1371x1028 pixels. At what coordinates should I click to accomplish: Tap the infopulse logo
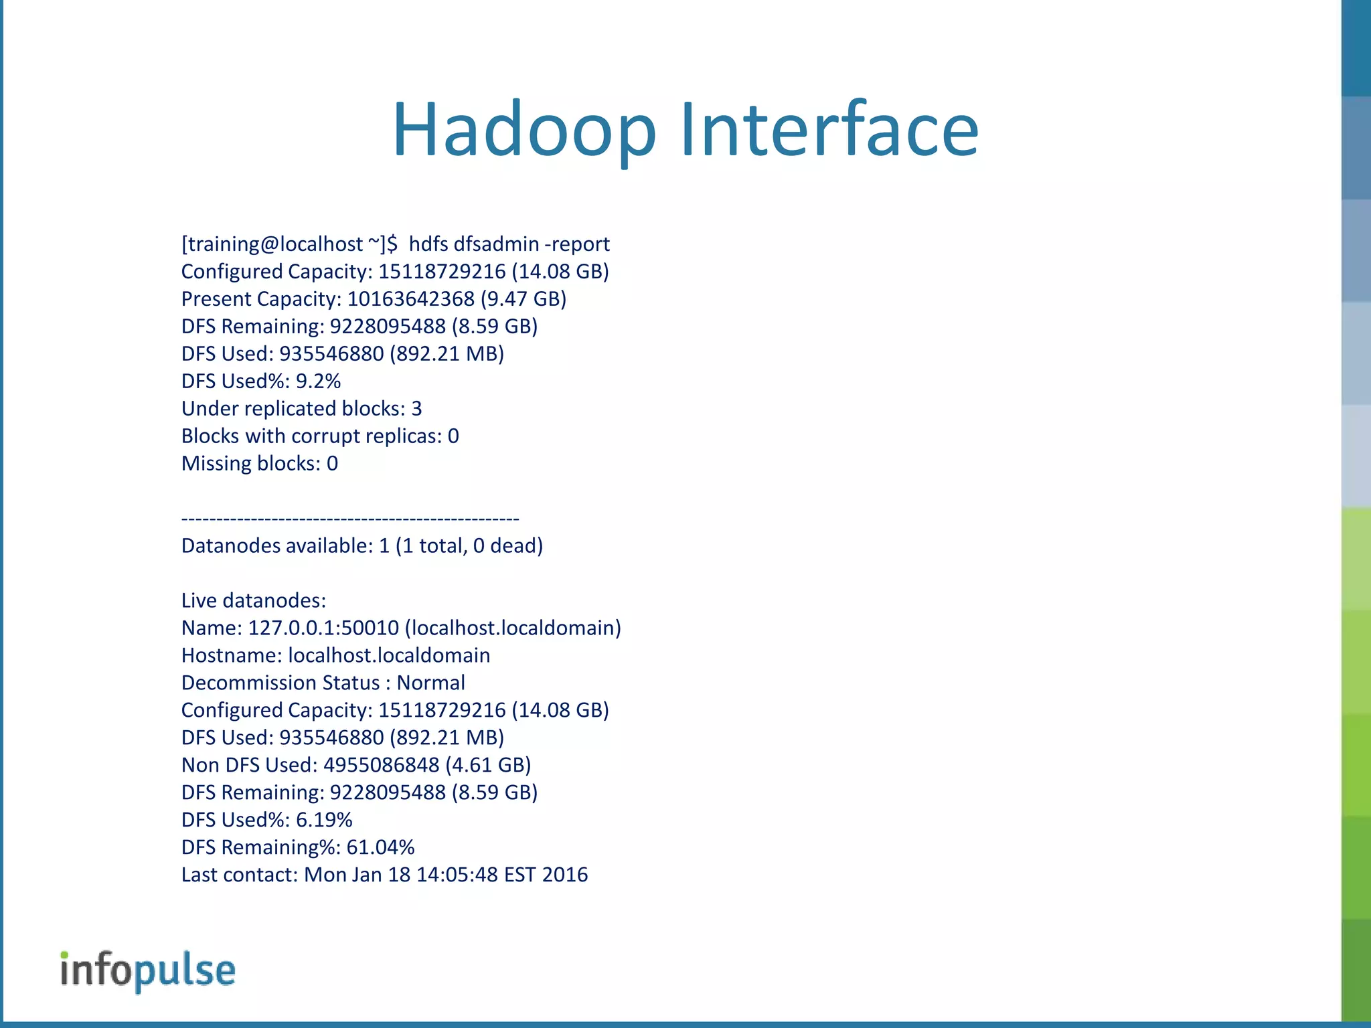(148, 970)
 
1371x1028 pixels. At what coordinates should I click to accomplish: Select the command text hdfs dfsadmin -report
(509, 244)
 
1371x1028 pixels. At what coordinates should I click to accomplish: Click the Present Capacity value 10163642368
(410, 299)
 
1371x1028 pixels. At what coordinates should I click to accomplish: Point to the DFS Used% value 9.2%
(318, 381)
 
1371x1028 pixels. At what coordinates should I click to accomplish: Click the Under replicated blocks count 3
(416, 409)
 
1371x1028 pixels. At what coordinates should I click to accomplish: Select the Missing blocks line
(260, 464)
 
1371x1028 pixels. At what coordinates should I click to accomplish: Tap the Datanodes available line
(361, 546)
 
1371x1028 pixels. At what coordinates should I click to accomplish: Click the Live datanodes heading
(254, 601)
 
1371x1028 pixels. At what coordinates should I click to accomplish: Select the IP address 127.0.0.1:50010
(323, 628)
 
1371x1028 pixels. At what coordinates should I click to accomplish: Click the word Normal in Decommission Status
(430, 683)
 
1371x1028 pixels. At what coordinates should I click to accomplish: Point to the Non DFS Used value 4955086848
(381, 766)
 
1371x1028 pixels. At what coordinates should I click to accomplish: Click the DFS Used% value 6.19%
(324, 821)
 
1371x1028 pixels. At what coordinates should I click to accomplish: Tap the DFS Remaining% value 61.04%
(380, 848)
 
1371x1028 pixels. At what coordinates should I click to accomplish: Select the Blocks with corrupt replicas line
(320, 436)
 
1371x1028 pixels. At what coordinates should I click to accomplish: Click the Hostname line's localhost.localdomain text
(389, 656)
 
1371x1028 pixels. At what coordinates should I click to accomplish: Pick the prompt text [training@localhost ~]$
(289, 244)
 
